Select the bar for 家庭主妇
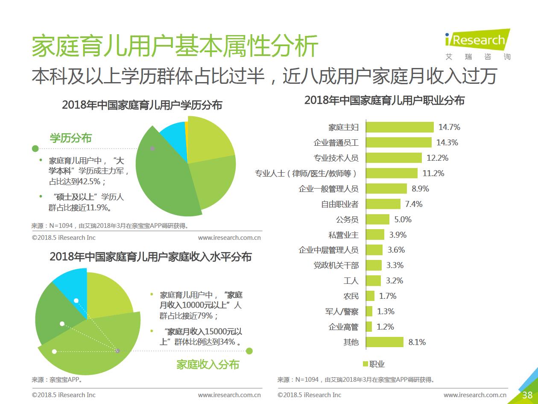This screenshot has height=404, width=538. [x=400, y=127]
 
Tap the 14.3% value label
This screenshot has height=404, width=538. [x=447, y=142]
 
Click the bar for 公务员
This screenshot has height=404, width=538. [x=377, y=219]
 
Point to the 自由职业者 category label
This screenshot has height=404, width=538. [x=339, y=204]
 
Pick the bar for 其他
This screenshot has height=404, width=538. [x=384, y=342]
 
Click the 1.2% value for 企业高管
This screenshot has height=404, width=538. [x=385, y=327]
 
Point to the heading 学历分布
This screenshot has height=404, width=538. [x=71, y=138]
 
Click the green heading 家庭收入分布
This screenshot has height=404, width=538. [x=208, y=364]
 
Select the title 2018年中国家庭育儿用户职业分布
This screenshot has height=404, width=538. [x=384, y=100]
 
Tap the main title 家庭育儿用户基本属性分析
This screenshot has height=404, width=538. [x=175, y=46]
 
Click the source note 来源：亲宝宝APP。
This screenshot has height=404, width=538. [x=57, y=379]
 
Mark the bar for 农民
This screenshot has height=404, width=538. [x=370, y=296]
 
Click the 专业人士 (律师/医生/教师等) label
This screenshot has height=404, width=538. [x=306, y=173]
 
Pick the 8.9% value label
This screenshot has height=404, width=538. [x=420, y=189]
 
